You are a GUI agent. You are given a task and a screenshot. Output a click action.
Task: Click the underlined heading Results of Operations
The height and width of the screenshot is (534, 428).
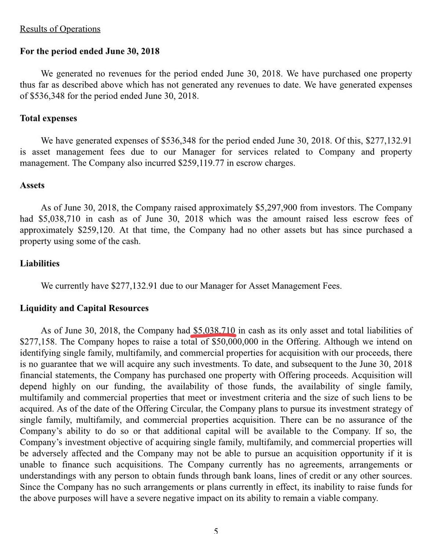(x=60, y=29)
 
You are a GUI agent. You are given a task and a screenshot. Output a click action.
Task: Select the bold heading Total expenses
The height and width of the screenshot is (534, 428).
(x=49, y=119)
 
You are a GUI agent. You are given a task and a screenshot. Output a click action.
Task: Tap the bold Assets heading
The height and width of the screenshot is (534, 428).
(x=33, y=186)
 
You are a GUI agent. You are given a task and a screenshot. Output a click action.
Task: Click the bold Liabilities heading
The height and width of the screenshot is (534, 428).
(x=40, y=263)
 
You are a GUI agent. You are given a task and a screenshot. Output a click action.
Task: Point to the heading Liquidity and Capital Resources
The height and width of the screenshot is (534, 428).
(x=84, y=308)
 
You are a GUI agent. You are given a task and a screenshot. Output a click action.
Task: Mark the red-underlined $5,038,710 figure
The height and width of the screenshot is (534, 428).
(x=214, y=330)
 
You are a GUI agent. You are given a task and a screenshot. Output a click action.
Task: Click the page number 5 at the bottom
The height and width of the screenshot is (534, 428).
(x=216, y=530)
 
